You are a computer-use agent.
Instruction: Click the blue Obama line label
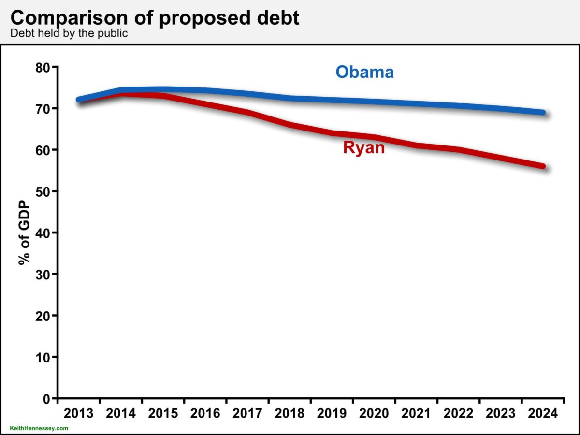click(x=365, y=72)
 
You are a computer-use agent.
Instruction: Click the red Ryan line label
click(x=364, y=147)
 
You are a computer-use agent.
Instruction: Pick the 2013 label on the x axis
click(x=78, y=414)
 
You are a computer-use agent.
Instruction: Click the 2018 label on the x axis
click(x=290, y=414)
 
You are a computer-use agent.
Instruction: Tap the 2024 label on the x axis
click(x=543, y=414)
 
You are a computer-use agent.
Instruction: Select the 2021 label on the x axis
click(x=416, y=414)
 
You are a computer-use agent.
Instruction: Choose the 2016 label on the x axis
click(x=205, y=414)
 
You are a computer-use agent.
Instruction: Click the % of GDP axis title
click(x=25, y=232)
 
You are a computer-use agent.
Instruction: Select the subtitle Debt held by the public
click(x=69, y=34)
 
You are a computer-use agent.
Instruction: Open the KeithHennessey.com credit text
click(x=39, y=428)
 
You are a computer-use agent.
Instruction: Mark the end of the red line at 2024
click(x=543, y=166)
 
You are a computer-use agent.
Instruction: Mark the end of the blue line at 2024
click(x=543, y=113)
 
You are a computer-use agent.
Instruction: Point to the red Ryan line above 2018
click(x=290, y=125)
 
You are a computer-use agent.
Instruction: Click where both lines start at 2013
click(x=79, y=100)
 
